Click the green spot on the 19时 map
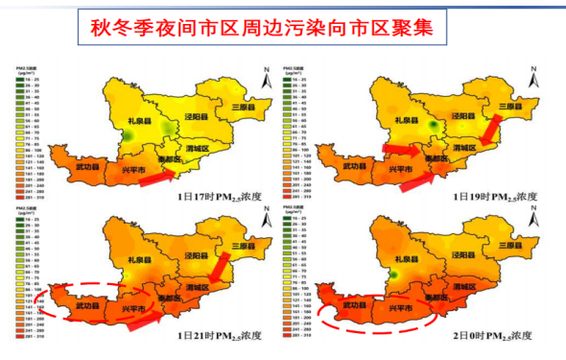(436, 124)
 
